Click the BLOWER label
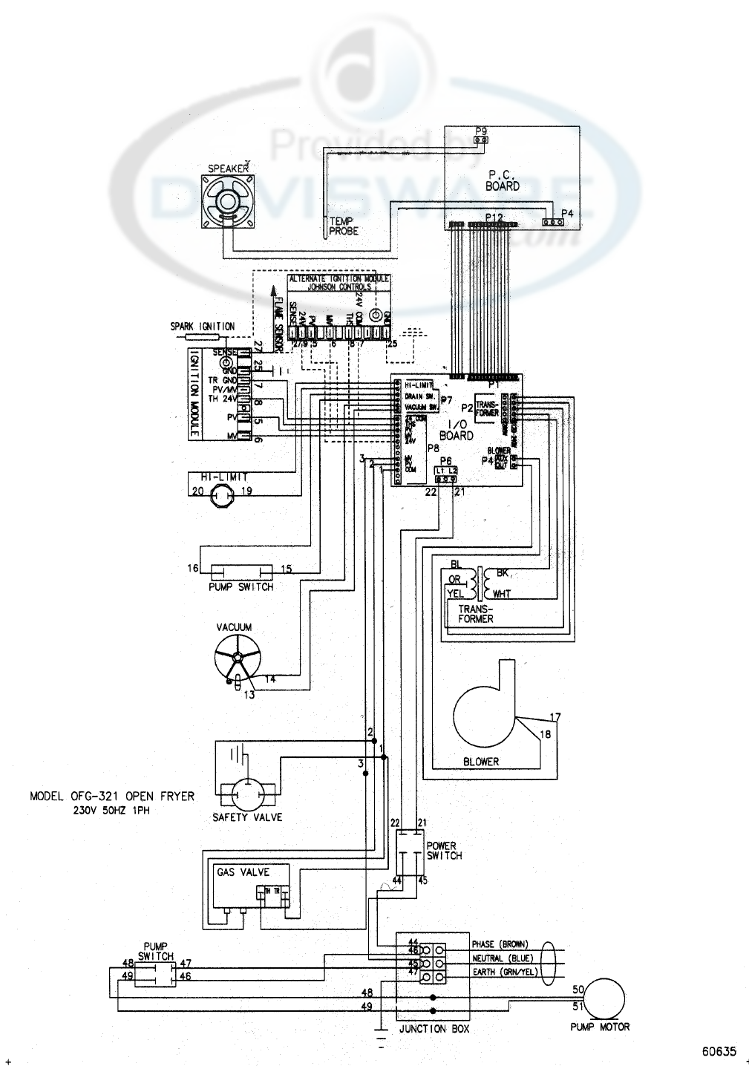point(481,761)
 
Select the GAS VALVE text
point(243,872)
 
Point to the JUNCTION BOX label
point(433,1029)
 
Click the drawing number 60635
point(719,1051)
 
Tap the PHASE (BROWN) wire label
point(500,944)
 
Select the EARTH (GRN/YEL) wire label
point(505,972)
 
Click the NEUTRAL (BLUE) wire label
point(503,958)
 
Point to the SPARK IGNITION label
point(203,326)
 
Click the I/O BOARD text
point(456,431)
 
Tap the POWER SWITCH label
point(443,851)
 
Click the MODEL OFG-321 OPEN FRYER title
point(112,797)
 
